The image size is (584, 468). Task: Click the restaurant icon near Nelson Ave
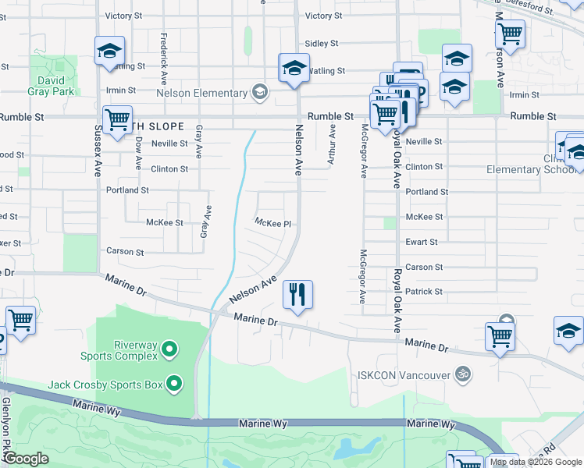pyautogui.click(x=297, y=295)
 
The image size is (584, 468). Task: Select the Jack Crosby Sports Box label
pyautogui.click(x=105, y=385)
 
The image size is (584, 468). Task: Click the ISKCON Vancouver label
pyautogui.click(x=404, y=375)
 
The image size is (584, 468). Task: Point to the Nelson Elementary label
pyautogui.click(x=201, y=94)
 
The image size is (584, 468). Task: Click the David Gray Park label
pyautogui.click(x=53, y=86)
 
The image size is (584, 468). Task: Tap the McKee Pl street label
pyautogui.click(x=272, y=223)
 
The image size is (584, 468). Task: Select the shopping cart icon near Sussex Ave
pyautogui.click(x=117, y=120)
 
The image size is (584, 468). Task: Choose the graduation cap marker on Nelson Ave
pyautogui.click(x=294, y=68)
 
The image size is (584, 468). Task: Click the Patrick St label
pyautogui.click(x=424, y=292)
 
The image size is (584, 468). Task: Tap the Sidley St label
pyautogui.click(x=322, y=44)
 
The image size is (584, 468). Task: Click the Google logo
pyautogui.click(x=26, y=459)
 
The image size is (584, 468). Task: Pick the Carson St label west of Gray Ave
pyautogui.click(x=125, y=253)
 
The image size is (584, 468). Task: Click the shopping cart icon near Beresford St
pyautogui.click(x=510, y=34)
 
